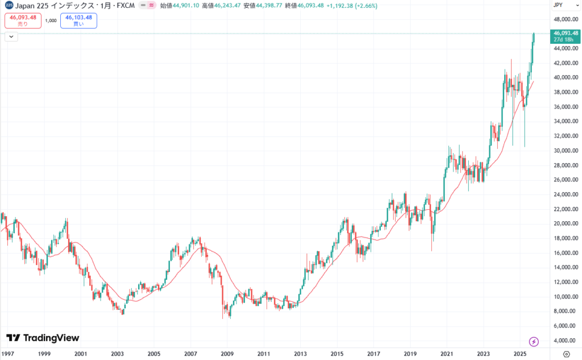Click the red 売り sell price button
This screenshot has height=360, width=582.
click(x=23, y=20)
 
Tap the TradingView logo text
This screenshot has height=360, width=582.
click(x=43, y=338)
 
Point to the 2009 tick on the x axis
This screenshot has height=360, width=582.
click(x=227, y=353)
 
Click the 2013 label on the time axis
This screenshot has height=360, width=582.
click(x=300, y=353)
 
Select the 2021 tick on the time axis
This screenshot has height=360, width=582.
click(x=446, y=353)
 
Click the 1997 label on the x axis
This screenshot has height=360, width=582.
click(x=8, y=353)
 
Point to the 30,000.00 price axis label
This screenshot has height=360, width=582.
click(x=565, y=151)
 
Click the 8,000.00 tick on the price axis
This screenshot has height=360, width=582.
click(x=565, y=311)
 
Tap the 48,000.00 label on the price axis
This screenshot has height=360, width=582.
click(x=565, y=19)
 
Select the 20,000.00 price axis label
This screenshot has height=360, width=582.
click(x=565, y=224)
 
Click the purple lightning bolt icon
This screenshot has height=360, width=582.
click(x=534, y=341)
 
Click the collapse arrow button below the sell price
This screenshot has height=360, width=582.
click(x=11, y=37)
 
